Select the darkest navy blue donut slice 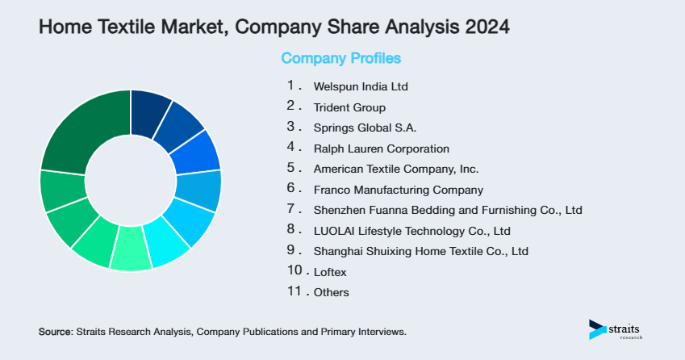(150, 107)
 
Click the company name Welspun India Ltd (355, 86)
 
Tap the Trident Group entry (349, 107)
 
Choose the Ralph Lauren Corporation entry (381, 149)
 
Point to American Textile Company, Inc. (396, 170)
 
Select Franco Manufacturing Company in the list (398, 190)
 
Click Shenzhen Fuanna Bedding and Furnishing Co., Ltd (448, 211)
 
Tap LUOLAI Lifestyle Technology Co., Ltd (411, 231)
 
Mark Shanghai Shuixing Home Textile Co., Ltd (420, 251)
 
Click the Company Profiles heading (340, 58)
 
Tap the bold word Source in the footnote (55, 332)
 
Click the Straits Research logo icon (597, 329)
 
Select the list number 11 (294, 291)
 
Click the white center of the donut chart (130, 180)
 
